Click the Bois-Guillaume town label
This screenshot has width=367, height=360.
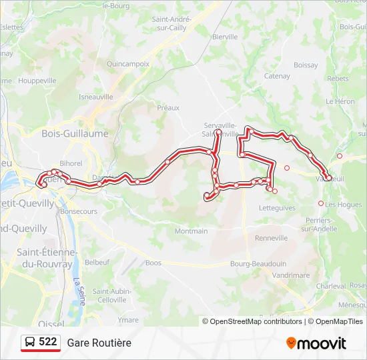coord(75,133)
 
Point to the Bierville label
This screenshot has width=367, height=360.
coord(224,37)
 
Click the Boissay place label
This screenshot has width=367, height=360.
coord(306,65)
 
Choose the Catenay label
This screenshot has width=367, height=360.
coord(277,76)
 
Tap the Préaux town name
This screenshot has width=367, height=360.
coord(168,107)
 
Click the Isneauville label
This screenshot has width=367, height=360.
coord(96,96)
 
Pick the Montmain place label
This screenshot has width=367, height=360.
coord(191,231)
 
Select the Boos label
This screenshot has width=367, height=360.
coord(153,263)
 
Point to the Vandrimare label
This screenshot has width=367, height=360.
coord(291,275)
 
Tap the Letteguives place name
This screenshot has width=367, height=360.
coord(276,208)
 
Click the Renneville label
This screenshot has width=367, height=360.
coord(271,237)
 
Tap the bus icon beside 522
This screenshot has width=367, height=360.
coord(30,342)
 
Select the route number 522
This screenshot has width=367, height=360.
coord(48,342)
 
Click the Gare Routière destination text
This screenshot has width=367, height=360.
coord(99,343)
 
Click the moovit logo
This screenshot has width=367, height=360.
coord(316,343)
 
